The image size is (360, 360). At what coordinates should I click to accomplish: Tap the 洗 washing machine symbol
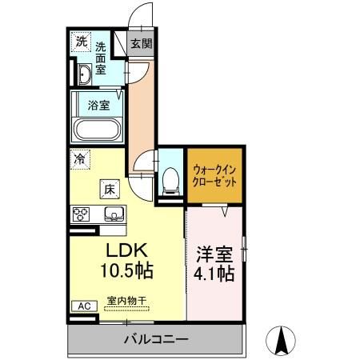(x=82, y=42)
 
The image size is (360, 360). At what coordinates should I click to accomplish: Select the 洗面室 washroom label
(x=102, y=58)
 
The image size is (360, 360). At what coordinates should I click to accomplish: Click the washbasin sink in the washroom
(x=84, y=76)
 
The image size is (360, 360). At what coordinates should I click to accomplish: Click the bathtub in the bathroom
(x=96, y=129)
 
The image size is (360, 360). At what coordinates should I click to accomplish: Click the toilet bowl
(x=170, y=181)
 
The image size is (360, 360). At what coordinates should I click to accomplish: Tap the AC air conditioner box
(x=83, y=306)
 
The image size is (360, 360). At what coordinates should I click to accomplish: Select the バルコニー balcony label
(x=156, y=340)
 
